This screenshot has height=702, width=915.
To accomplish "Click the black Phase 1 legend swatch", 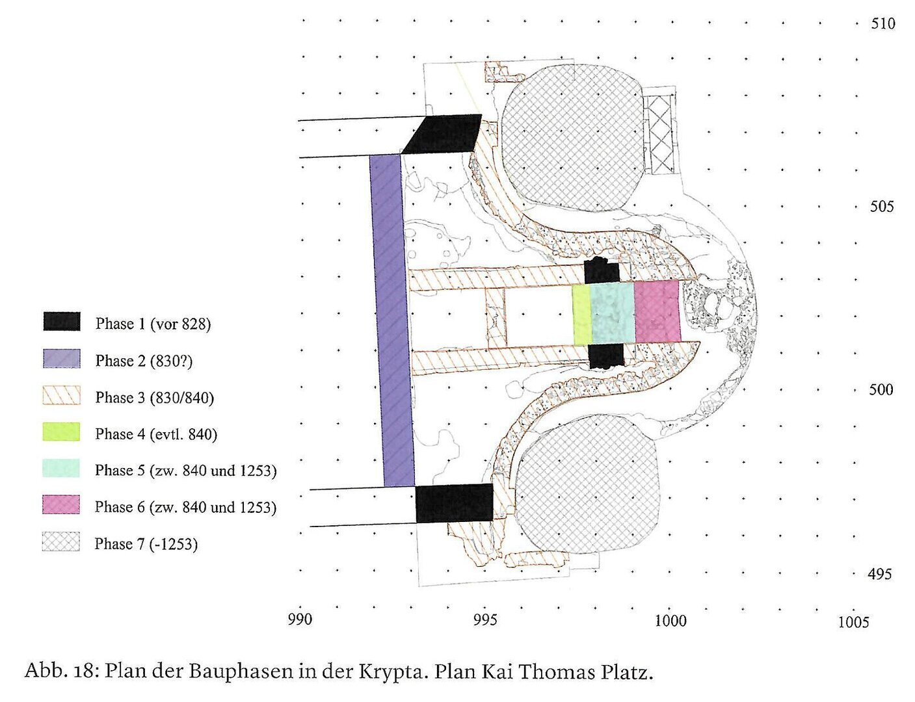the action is pos(62,322).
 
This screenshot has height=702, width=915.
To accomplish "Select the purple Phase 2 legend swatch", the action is pos(62,359).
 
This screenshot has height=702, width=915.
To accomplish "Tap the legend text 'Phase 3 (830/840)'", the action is pos(155,398).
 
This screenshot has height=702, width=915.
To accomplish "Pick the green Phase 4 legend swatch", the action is pos(61,432).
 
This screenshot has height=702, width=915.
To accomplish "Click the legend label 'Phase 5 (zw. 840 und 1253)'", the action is pos(186,471).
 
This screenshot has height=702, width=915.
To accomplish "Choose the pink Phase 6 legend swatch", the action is pos(61,504).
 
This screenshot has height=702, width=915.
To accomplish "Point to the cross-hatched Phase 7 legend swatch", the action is pos(60,542).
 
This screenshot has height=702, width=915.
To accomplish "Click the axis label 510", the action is pos(883,23).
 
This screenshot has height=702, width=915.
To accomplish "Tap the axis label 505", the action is pos(882,207).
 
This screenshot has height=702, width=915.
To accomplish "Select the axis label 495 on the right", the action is pos(880,574).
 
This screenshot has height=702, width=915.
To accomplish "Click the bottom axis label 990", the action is pos(300,619).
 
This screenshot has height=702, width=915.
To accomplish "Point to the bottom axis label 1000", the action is pos(670,621).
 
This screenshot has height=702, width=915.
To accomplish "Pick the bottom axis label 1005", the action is pos(853,622).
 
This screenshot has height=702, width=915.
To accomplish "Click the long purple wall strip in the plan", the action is pos(391,320).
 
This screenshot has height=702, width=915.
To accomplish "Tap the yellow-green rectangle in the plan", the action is pos(582,315).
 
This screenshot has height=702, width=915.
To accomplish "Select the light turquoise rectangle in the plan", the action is pos(613,313).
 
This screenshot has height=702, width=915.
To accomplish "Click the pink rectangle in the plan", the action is pos(657,311).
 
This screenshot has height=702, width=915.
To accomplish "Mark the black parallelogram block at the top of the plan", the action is pos(442,133).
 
